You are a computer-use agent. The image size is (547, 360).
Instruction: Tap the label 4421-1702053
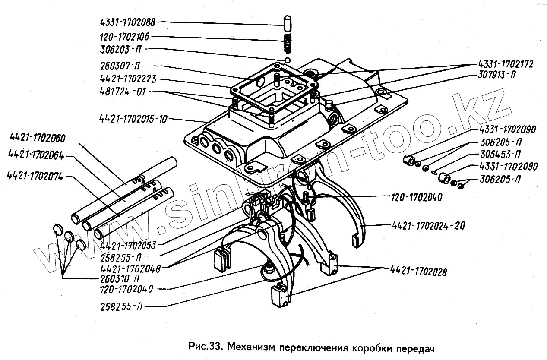pos(127,245)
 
